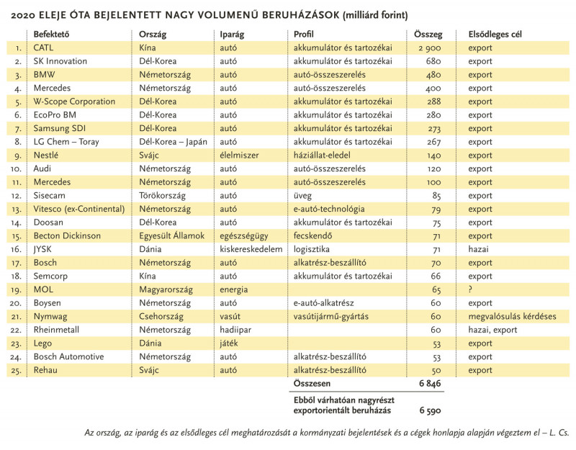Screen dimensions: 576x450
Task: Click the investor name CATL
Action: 43,48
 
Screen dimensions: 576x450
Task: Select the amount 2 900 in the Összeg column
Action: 429,48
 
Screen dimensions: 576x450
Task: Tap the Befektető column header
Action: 51,34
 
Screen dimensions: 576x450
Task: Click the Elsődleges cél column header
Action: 495,34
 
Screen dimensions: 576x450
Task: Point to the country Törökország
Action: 162,195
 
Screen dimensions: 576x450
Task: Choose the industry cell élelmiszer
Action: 239,155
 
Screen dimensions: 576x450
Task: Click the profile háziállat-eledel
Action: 322,155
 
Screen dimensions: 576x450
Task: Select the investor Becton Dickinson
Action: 67,236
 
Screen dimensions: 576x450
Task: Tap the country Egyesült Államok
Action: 171,236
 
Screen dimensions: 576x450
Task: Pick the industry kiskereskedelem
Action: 251,249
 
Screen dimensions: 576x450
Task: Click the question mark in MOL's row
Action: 470,289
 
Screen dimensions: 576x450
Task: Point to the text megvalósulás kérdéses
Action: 512,316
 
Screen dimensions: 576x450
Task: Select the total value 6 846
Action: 430,384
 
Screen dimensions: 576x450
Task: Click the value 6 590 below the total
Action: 430,410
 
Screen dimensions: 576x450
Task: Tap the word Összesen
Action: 312,384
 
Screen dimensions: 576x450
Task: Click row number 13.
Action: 17,210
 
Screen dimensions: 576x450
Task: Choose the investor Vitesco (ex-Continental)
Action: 79,209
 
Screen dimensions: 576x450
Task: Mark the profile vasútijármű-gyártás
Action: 330,316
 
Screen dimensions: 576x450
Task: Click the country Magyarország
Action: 166,289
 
